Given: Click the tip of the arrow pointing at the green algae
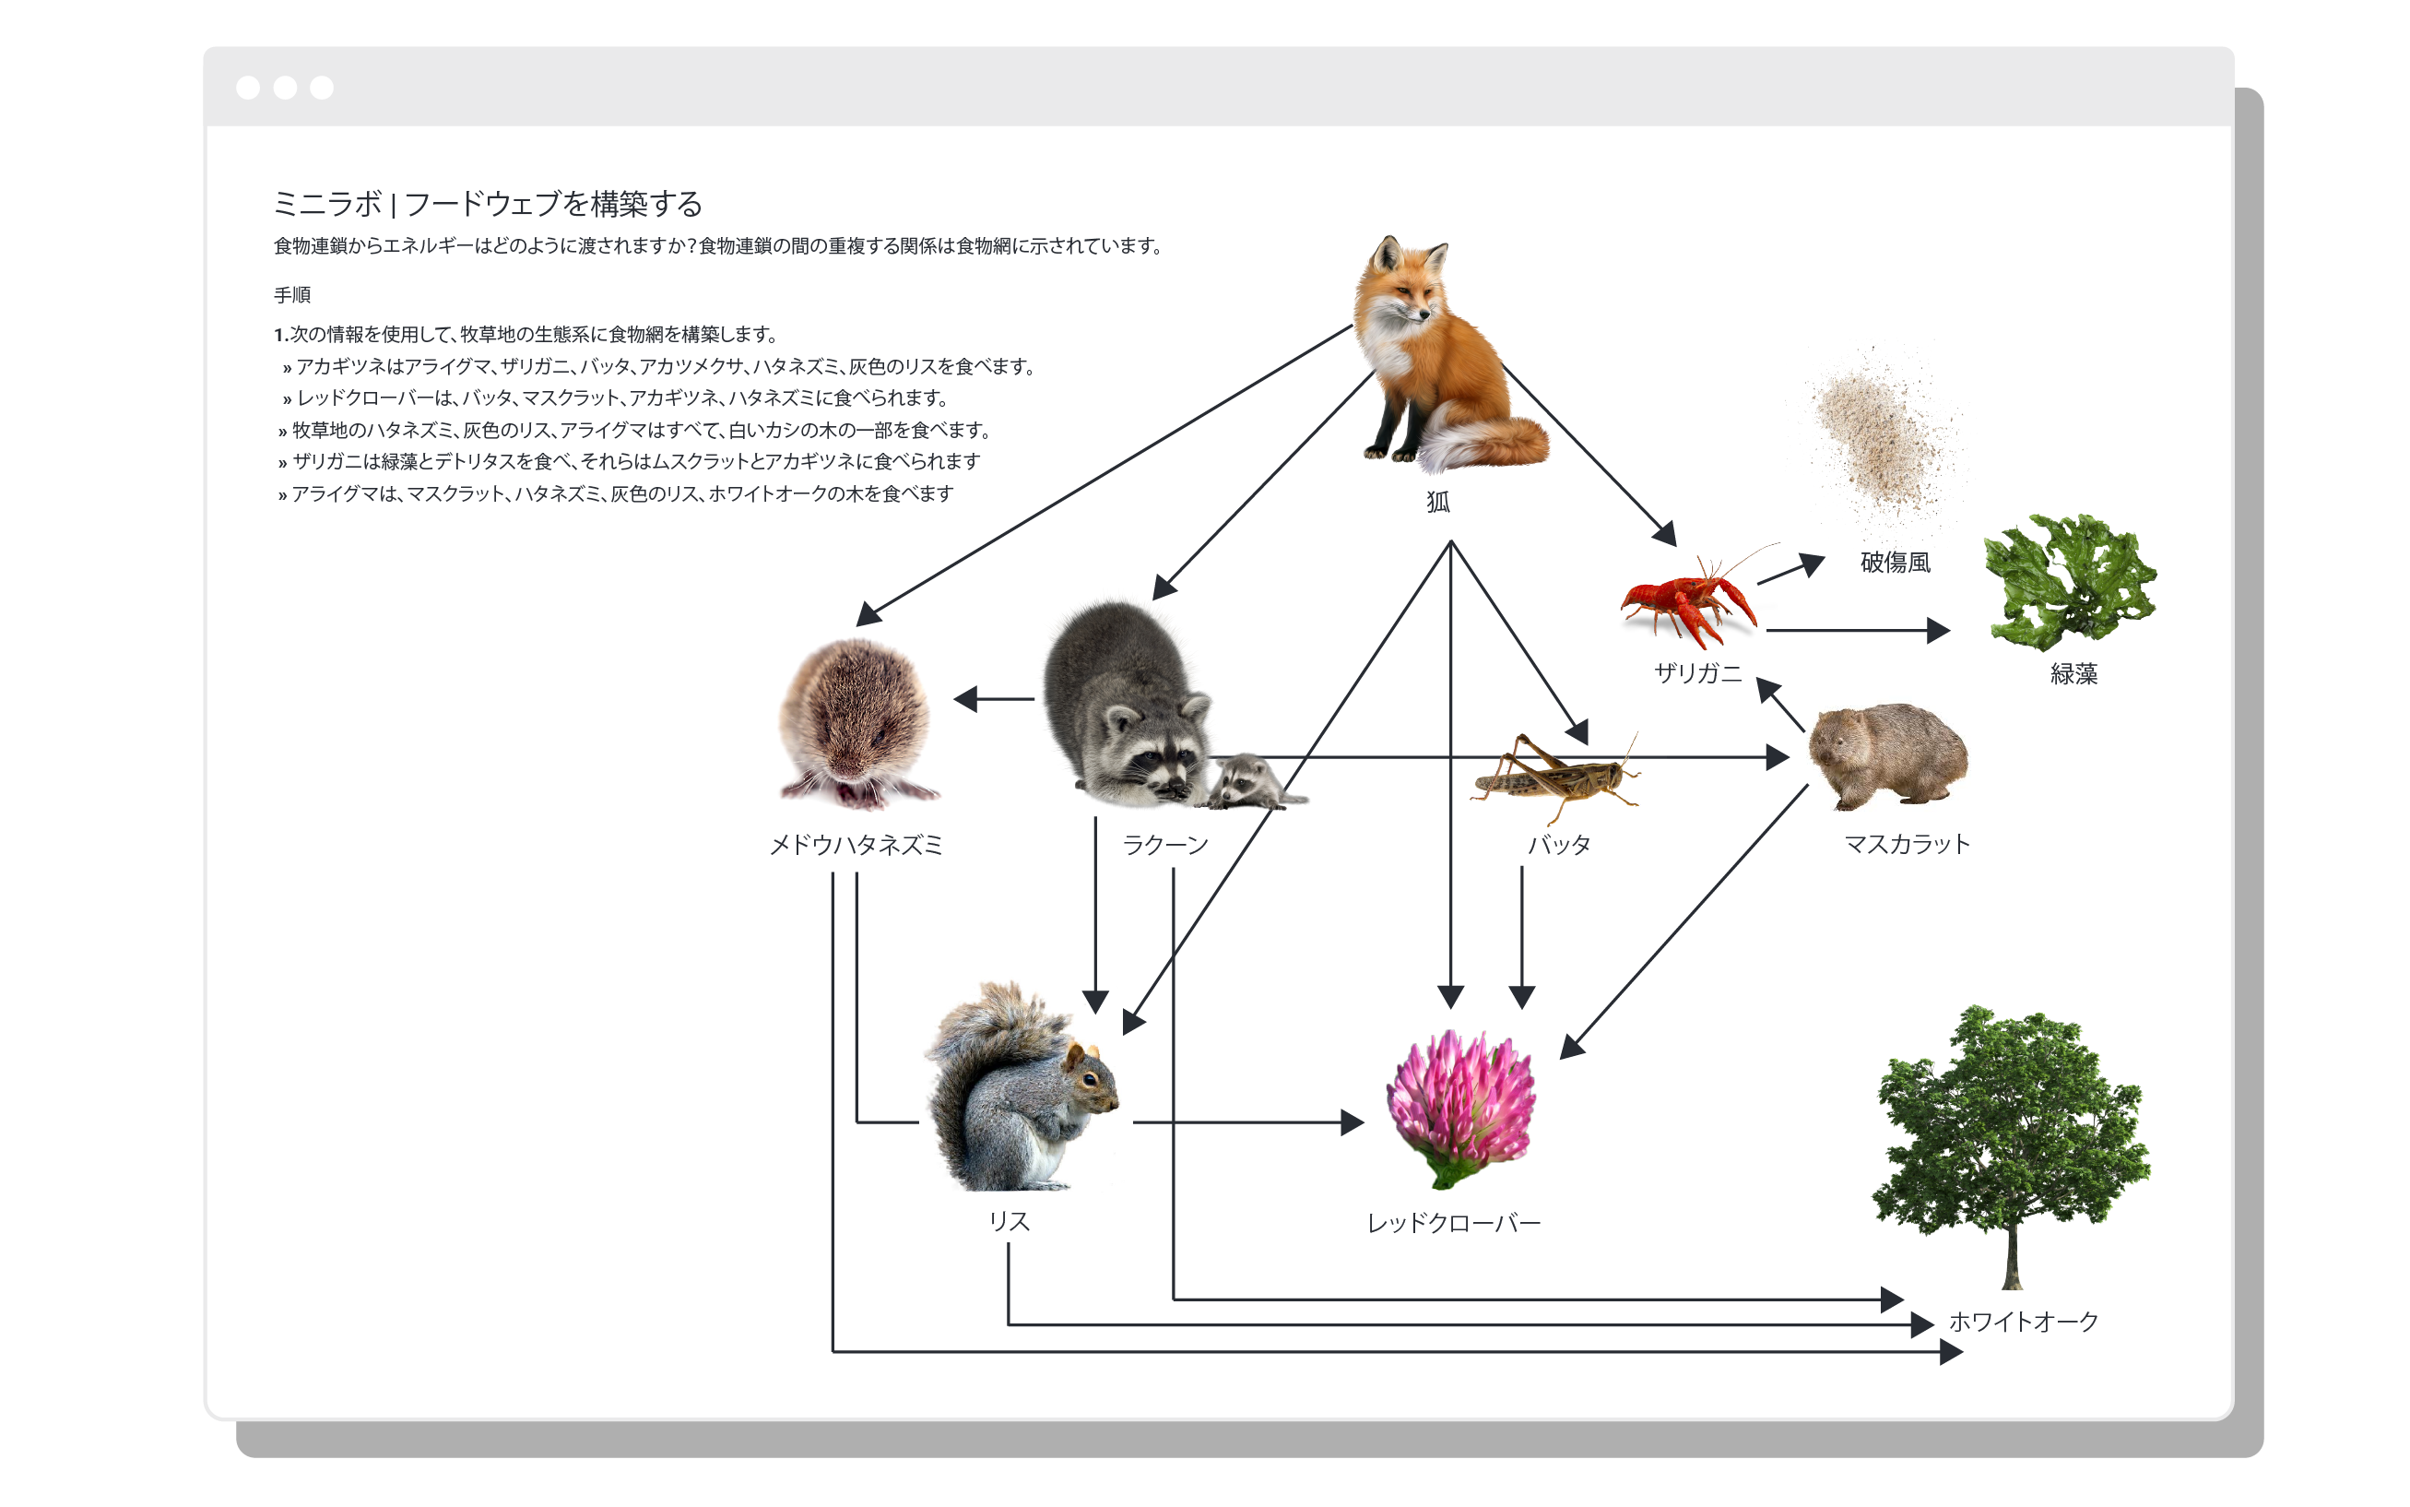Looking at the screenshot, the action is [1950, 630].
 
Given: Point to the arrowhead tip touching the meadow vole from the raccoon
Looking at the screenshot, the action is [953, 700].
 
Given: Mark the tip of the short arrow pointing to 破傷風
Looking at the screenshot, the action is [1825, 558].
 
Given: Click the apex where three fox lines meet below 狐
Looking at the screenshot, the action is [1450, 541].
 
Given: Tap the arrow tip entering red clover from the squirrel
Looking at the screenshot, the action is [1364, 1122].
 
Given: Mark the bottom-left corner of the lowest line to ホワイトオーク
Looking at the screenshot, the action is [833, 1351].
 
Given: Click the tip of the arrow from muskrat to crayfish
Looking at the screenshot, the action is [1757, 678].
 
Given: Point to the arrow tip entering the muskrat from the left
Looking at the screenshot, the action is [1790, 757].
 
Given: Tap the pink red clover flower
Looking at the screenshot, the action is [1459, 1109].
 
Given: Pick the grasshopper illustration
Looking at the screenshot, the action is [1554, 777].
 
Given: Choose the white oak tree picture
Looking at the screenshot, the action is [2011, 1146].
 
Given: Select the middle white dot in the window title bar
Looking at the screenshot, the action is [285, 88].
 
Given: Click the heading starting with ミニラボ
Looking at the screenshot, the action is [488, 203].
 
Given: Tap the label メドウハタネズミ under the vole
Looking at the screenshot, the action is [856, 845].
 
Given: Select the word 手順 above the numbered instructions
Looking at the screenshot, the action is [292, 295].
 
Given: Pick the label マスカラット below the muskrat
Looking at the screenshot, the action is [1907, 844].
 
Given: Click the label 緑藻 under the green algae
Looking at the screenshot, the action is [2073, 674].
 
